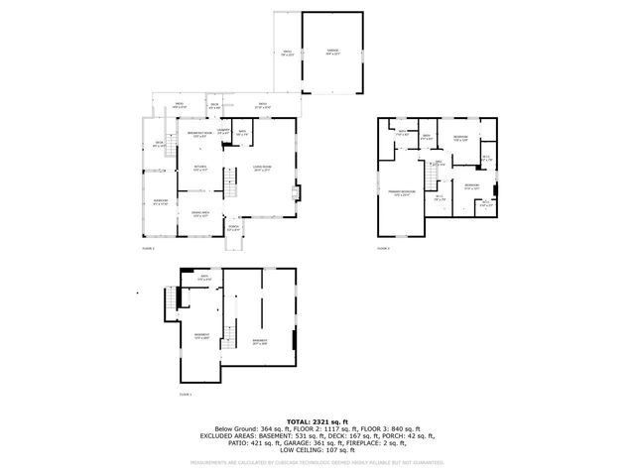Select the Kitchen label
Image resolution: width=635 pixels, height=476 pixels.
pos(200,169)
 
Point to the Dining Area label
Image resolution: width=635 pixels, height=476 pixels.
pos(199,214)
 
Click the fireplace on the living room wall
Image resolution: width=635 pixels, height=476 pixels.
pos(294,192)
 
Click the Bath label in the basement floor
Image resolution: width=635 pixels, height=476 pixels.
pos(203,279)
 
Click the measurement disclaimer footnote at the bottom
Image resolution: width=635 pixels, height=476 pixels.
pos(317,463)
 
